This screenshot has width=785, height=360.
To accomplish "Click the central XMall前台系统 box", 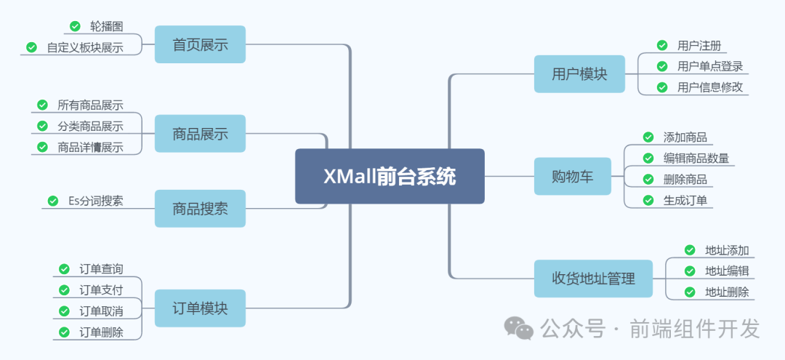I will click(x=390, y=176).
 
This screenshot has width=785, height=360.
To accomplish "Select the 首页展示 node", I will click(x=200, y=44).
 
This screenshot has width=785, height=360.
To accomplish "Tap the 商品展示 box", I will click(x=200, y=133).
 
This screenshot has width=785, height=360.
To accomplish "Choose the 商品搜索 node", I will click(x=200, y=209).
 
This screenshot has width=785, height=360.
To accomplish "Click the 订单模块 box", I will click(x=200, y=308).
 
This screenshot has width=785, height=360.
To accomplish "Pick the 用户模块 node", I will click(x=579, y=73).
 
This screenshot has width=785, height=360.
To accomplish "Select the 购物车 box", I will click(x=573, y=176).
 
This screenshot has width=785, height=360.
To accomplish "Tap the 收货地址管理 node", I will click(x=594, y=279).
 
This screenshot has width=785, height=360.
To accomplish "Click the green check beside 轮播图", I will click(x=75, y=26).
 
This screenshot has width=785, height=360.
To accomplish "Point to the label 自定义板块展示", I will click(x=84, y=48).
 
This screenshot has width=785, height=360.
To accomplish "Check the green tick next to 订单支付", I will click(x=64, y=290).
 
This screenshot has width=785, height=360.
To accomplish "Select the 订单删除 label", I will click(x=101, y=332).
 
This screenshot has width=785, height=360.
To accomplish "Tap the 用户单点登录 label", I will click(x=709, y=66).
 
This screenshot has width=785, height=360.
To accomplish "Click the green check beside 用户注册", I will click(x=661, y=45).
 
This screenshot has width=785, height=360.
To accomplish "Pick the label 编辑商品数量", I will click(x=696, y=158).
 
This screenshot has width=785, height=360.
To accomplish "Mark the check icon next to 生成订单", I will click(x=648, y=200).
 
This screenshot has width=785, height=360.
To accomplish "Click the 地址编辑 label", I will click(x=727, y=271).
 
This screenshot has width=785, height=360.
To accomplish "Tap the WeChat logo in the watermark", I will click(x=520, y=328).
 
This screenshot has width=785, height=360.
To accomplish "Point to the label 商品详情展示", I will click(x=90, y=148).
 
